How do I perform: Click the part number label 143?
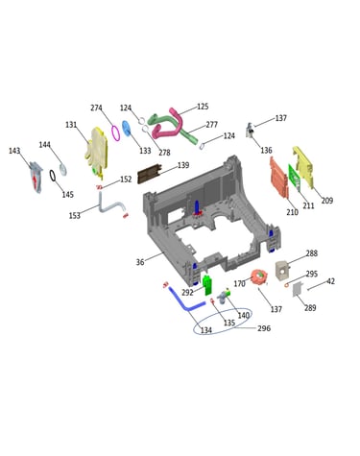coord(14,151)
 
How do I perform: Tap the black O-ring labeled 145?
coord(53,176)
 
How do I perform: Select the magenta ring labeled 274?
coord(115,133)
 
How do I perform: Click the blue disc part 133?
coord(127,129)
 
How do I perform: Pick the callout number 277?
coord(211,125)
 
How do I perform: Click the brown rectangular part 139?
coord(150,174)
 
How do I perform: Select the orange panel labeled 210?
coord(278,178)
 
